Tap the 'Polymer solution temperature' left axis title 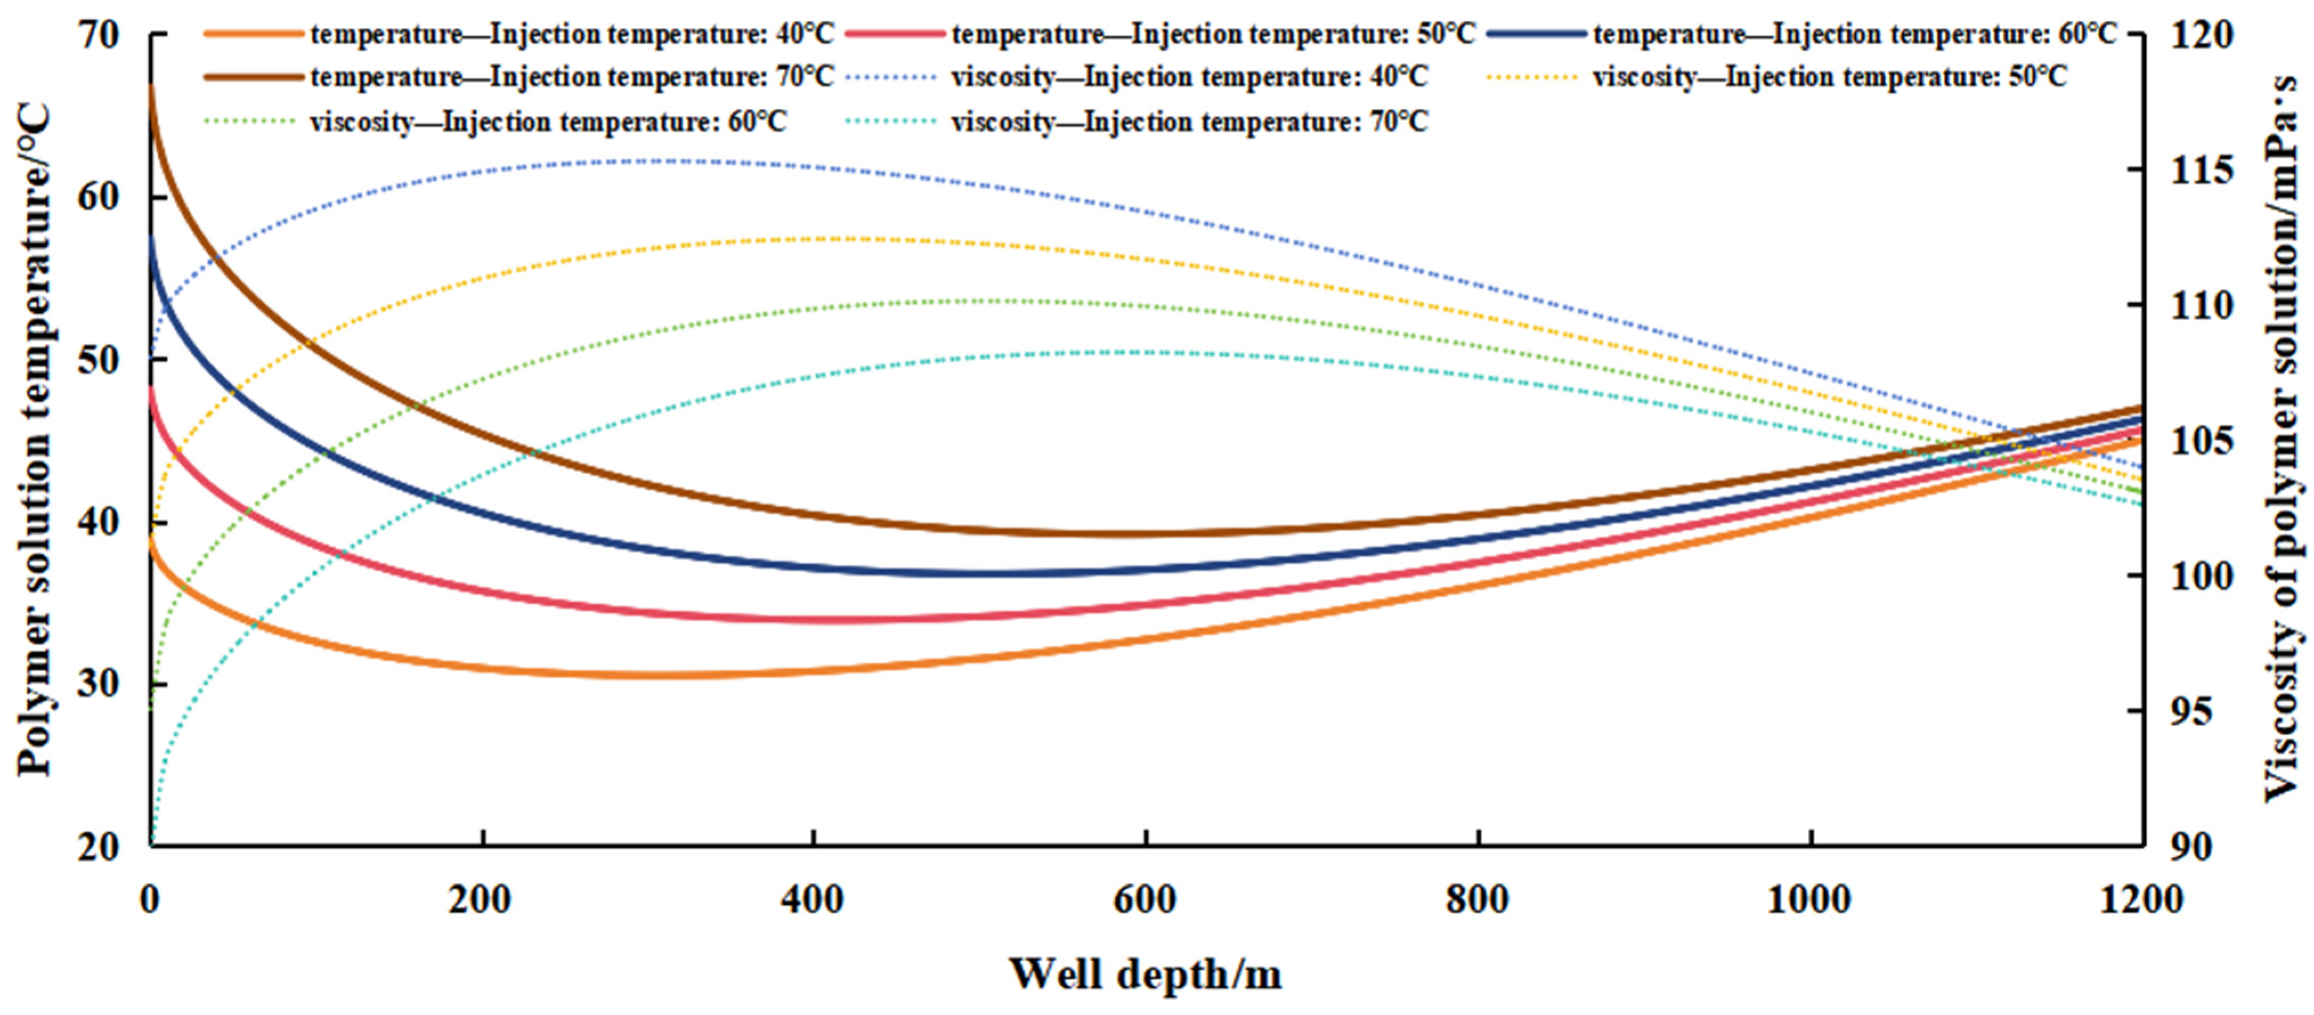point(36,440)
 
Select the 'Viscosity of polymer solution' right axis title point(2282,440)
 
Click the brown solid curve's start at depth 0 point(151,86)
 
